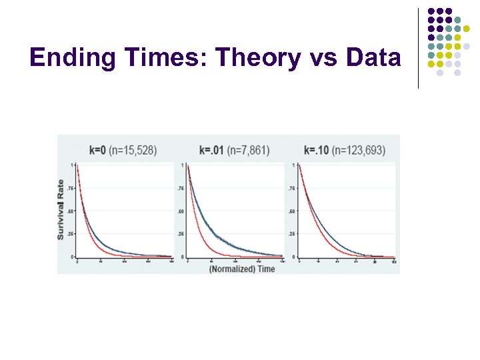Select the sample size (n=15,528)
click(x=134, y=150)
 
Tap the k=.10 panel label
click(x=317, y=150)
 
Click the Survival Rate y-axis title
click(x=61, y=209)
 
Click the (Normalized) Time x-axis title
click(x=241, y=268)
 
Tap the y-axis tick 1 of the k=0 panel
click(x=72, y=165)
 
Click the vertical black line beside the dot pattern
click(x=418, y=48)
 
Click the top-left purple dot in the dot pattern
click(x=431, y=11)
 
